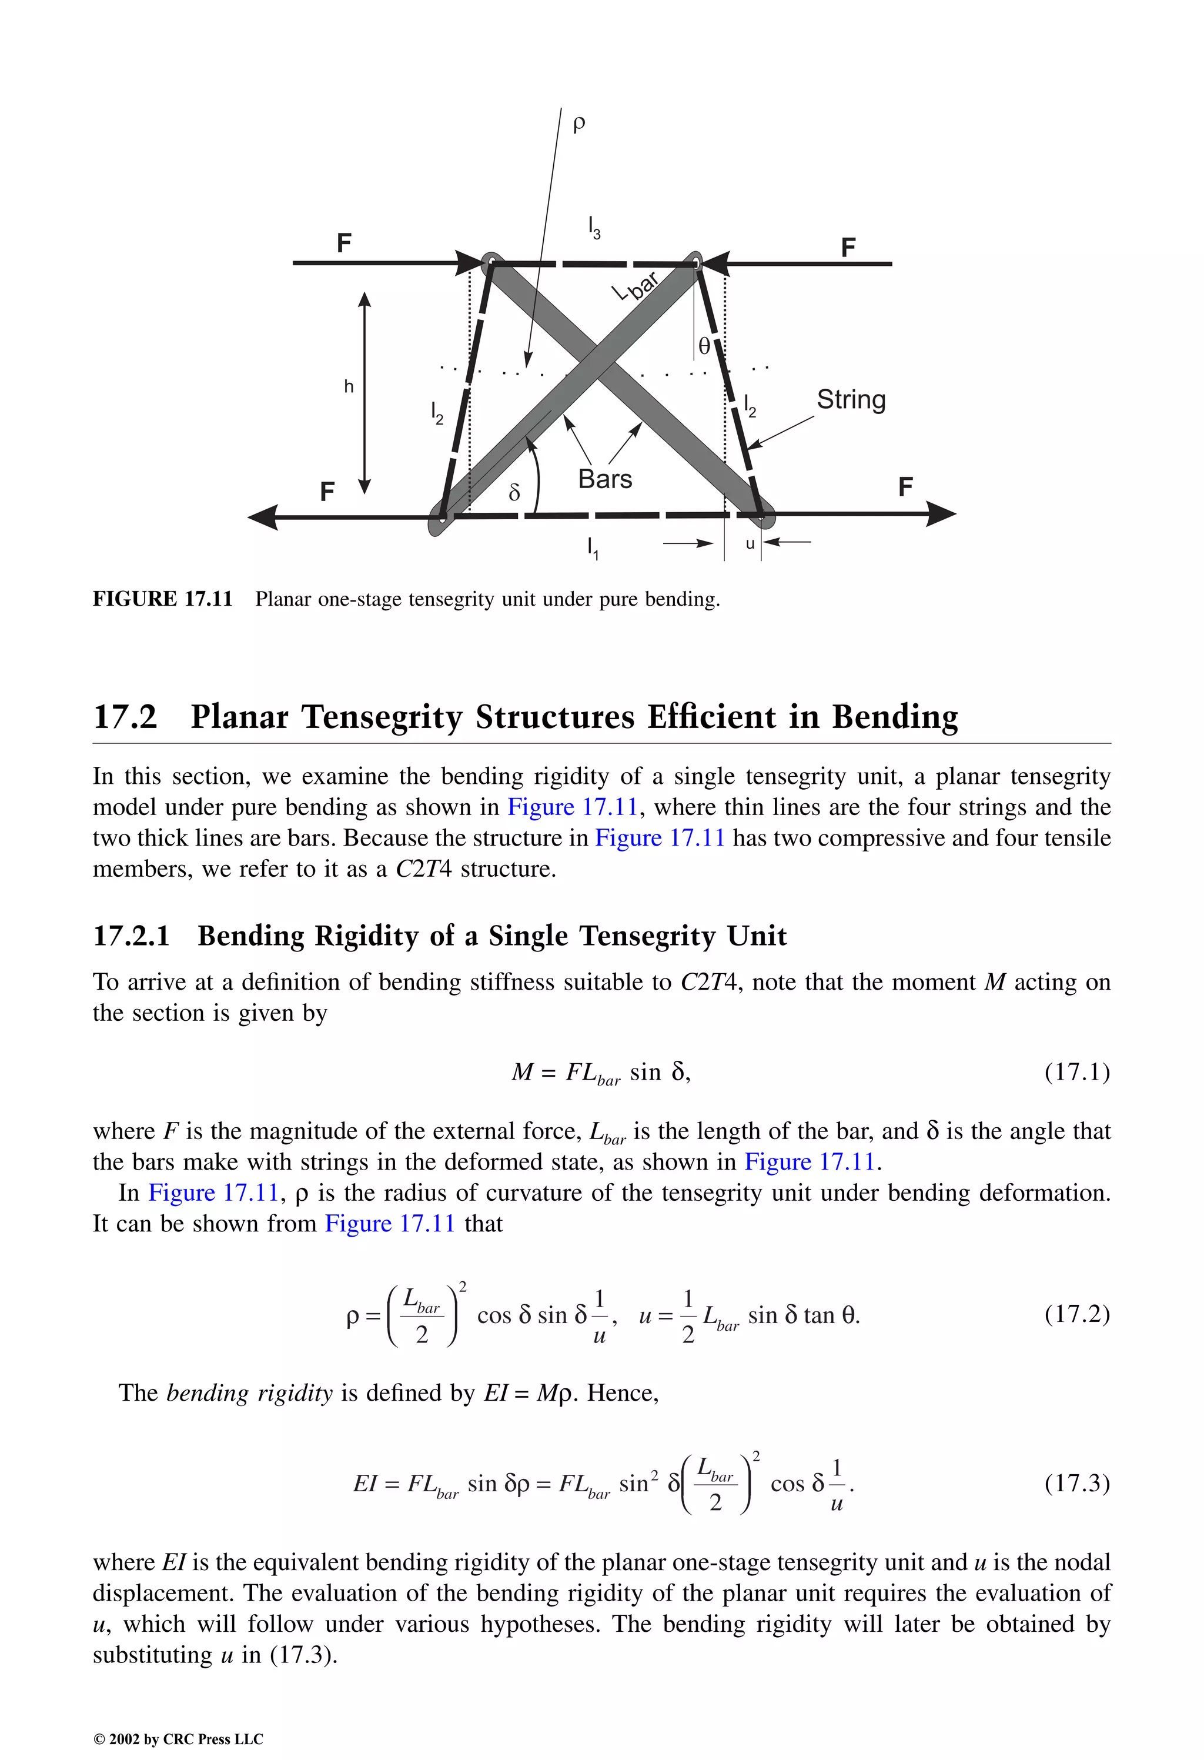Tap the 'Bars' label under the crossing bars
coord(604,479)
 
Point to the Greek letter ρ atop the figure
coord(578,123)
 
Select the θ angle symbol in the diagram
coord(704,347)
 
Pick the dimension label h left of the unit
coord(349,387)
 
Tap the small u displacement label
coord(750,544)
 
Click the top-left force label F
coord(344,243)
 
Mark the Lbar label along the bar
coord(636,287)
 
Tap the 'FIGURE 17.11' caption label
coord(162,599)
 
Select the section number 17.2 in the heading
coord(125,716)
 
